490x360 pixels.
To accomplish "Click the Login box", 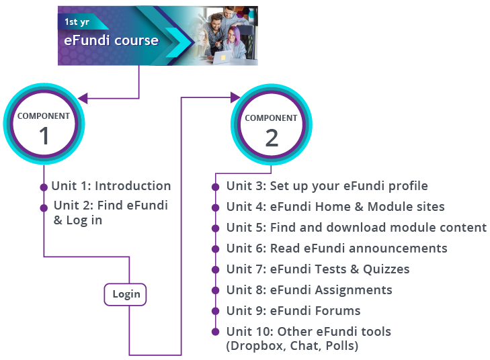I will coord(126,294).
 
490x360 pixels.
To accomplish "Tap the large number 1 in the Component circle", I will coord(44,136).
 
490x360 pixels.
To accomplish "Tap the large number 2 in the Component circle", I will coord(272,138).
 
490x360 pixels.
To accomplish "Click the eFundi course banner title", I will coord(111,41).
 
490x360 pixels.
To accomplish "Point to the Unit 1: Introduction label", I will coord(111,186).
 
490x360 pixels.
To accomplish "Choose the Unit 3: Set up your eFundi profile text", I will coord(327,186).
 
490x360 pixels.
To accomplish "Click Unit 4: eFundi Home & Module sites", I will coord(335,207).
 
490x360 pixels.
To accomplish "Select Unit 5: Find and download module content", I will coord(356,228).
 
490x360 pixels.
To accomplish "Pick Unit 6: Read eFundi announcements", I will coord(337,249).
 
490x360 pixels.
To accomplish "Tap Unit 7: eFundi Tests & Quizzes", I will coord(318,269).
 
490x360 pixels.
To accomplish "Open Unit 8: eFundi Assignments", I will coord(309,290).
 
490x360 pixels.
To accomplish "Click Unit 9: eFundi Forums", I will coord(294,311).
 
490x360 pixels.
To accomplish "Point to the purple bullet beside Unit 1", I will coord(44,187).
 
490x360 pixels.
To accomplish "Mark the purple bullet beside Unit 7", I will coord(216,270).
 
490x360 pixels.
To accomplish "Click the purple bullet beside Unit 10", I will coord(216,332).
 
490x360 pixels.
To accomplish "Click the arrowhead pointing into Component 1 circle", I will coord(83,99).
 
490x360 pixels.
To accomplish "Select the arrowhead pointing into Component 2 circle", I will coord(235,98).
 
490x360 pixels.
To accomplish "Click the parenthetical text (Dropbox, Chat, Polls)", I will coord(292,346).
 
